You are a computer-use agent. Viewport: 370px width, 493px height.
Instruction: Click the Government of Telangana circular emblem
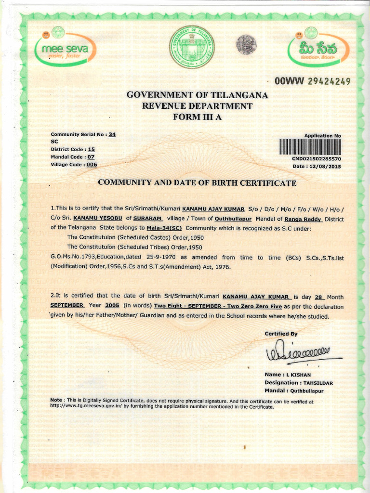[192, 47]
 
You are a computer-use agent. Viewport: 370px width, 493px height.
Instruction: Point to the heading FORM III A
[197, 117]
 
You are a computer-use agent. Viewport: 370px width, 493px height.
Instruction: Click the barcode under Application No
[310, 147]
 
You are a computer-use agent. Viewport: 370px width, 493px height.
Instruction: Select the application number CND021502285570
[317, 158]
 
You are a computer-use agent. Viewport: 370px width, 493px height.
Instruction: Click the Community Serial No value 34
[112, 135]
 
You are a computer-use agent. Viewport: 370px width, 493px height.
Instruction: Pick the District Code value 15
[91, 149]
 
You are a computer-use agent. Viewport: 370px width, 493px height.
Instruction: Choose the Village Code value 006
[92, 164]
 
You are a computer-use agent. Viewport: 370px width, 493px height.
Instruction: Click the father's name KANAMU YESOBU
[98, 218]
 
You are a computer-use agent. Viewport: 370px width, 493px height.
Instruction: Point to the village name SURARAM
[147, 218]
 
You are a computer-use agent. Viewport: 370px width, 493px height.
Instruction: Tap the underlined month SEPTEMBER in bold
[67, 306]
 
